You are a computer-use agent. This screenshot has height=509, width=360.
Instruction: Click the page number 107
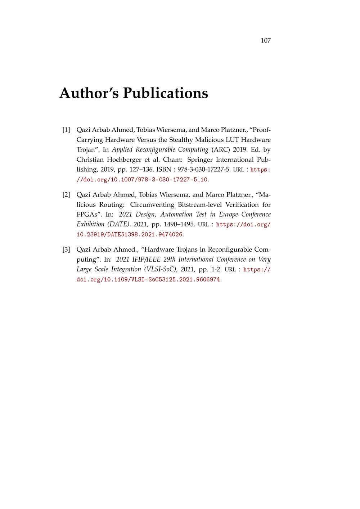pyautogui.click(x=265, y=41)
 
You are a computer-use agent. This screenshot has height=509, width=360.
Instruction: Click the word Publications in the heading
pyautogui.click(x=165, y=93)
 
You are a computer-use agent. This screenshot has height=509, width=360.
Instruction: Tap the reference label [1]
pyautogui.click(x=66, y=130)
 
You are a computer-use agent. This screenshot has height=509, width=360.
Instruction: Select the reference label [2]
pyautogui.click(x=66, y=195)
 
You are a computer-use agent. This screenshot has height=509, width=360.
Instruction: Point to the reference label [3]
pyautogui.click(x=66, y=250)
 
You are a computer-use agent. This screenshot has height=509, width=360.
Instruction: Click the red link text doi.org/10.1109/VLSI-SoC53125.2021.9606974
pyautogui.click(x=149, y=279)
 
